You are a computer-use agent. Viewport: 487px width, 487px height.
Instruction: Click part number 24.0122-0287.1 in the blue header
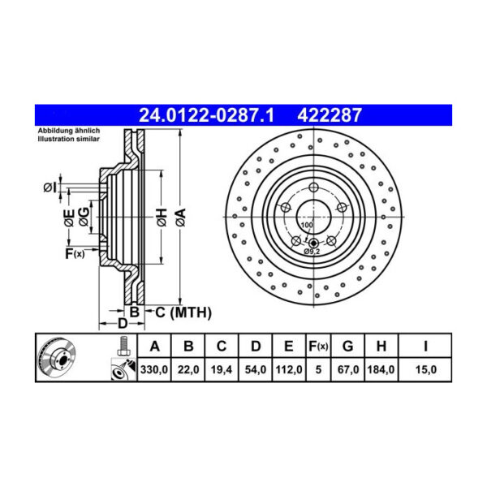(x=206, y=116)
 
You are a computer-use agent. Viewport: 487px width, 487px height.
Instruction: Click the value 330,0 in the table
(x=154, y=369)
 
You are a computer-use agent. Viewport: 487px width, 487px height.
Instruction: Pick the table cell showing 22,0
(x=187, y=369)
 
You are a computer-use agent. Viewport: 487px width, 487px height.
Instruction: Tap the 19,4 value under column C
(x=221, y=369)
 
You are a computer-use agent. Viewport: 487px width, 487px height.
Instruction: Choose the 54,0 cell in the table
(x=255, y=369)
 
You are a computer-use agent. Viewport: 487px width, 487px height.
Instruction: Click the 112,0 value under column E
(x=288, y=369)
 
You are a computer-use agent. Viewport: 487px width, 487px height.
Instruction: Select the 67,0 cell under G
(x=347, y=369)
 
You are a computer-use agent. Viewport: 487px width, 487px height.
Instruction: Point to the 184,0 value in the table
(x=381, y=369)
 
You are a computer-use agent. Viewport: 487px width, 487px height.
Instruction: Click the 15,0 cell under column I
(x=425, y=369)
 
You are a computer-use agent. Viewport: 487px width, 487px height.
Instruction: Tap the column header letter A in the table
(x=154, y=347)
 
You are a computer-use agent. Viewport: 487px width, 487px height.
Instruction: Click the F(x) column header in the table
(x=318, y=347)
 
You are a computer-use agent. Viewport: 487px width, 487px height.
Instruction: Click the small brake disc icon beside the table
(x=58, y=358)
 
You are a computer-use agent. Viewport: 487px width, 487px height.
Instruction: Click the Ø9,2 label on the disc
(x=311, y=252)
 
